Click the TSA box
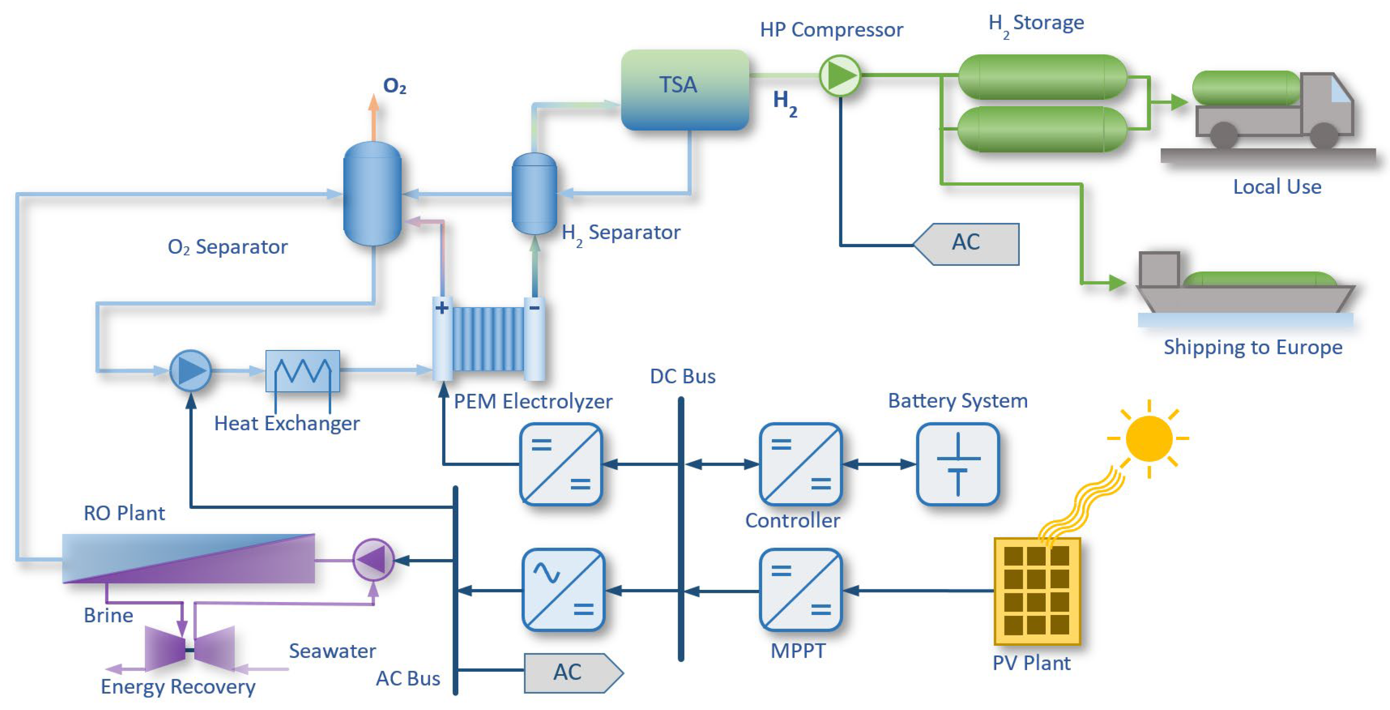coord(685,90)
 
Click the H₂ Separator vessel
coord(534,193)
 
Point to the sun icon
coord(1149,438)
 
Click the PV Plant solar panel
coord(1037,591)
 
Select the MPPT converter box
coord(800,590)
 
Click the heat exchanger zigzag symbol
coord(303,371)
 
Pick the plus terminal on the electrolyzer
coord(442,308)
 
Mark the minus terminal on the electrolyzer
coord(534,308)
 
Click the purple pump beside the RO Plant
coord(373,560)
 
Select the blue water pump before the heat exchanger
coord(190,371)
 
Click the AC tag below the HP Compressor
coord(966,244)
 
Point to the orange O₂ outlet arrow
coord(373,117)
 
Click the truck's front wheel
coord(1324,135)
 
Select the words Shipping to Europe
coord(1253,347)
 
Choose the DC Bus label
coord(682,376)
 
